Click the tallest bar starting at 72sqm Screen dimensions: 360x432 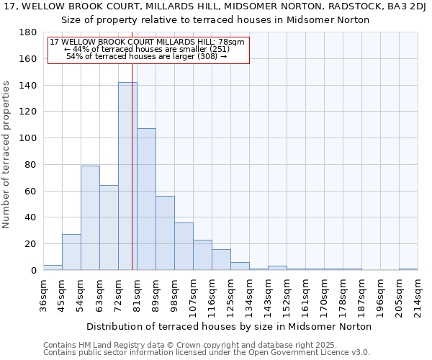(127, 176)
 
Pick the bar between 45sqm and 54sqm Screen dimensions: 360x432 (71, 252)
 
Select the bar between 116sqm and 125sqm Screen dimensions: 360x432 (221, 259)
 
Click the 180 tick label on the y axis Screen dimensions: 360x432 (28, 32)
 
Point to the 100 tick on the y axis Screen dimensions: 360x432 (28, 138)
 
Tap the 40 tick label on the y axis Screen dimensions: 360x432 (31, 217)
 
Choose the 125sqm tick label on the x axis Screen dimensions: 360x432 (230, 295)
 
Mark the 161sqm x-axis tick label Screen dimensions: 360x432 (305, 295)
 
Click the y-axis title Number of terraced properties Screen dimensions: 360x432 (6, 154)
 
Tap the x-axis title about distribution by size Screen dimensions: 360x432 (230, 326)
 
